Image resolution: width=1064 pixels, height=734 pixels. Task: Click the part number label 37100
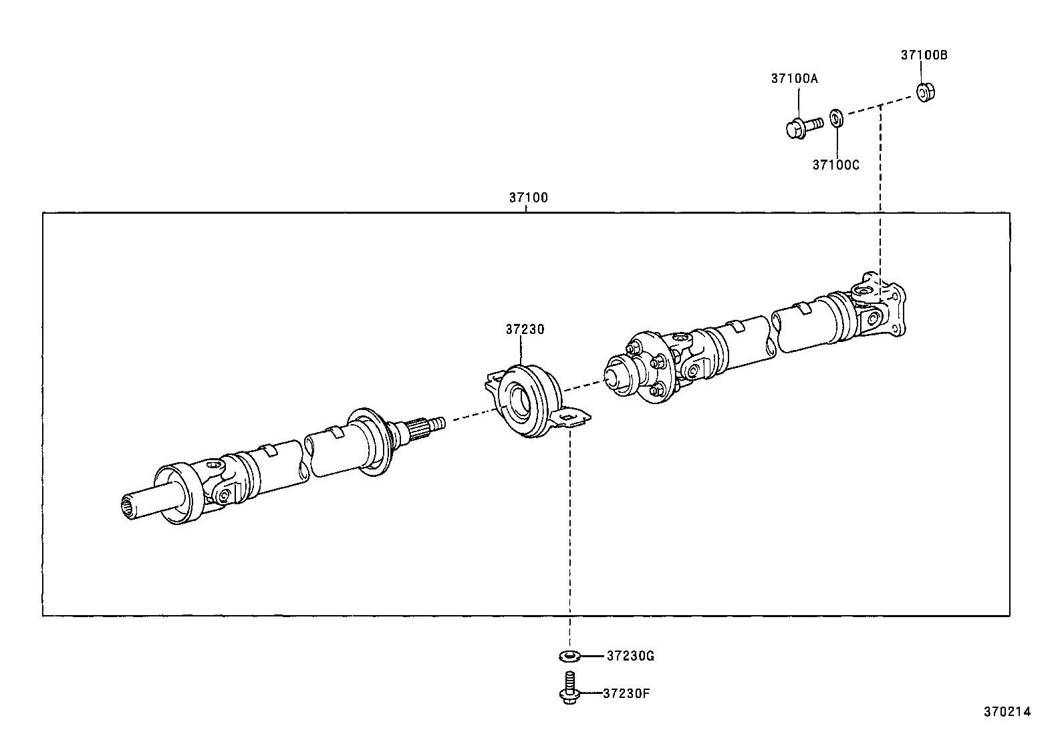coord(528,198)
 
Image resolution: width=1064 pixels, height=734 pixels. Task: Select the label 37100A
coord(794,78)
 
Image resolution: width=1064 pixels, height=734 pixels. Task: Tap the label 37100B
coord(924,55)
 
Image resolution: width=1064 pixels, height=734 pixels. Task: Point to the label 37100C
coord(835,164)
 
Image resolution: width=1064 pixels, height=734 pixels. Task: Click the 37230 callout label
coord(525,329)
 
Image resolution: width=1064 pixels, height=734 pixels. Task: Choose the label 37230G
coord(630,656)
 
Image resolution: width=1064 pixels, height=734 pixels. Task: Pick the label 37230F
coord(626,693)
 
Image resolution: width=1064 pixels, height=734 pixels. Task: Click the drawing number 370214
coord(1007,712)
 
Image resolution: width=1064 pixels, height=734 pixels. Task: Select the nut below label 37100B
coord(925,92)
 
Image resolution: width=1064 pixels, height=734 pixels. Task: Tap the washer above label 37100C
coord(835,118)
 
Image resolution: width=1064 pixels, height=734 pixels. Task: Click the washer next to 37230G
coord(568,656)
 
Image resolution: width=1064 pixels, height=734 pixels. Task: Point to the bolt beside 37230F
coord(568,689)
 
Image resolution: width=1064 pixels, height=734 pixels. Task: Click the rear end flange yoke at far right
coord(881,306)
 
